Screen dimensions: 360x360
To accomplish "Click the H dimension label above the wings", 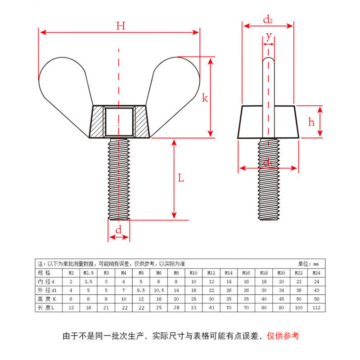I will pyautogui.click(x=120, y=26).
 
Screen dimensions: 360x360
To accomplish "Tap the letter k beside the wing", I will pyautogui.click(x=205, y=98).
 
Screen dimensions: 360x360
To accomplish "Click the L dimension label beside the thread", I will pyautogui.click(x=181, y=178).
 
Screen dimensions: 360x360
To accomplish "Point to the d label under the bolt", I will pyautogui.click(x=118, y=230).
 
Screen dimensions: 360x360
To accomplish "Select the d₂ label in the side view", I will pyautogui.click(x=268, y=19).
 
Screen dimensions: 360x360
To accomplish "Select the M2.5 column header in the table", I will pyautogui.click(x=89, y=273).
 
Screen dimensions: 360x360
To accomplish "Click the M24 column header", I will pyautogui.click(x=316, y=273).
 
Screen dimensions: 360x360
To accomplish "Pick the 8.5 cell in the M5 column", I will pyautogui.click(x=141, y=290).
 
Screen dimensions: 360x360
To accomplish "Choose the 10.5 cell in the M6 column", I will pyautogui.click(x=158, y=290).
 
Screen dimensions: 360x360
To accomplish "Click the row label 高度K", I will pyautogui.click(x=47, y=299).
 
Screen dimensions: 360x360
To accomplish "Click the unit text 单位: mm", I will pyautogui.click(x=308, y=264).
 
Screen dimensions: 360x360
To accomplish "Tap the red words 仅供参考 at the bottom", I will pyautogui.click(x=283, y=336).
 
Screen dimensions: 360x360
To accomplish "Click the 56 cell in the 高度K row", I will pyautogui.click(x=316, y=299).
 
